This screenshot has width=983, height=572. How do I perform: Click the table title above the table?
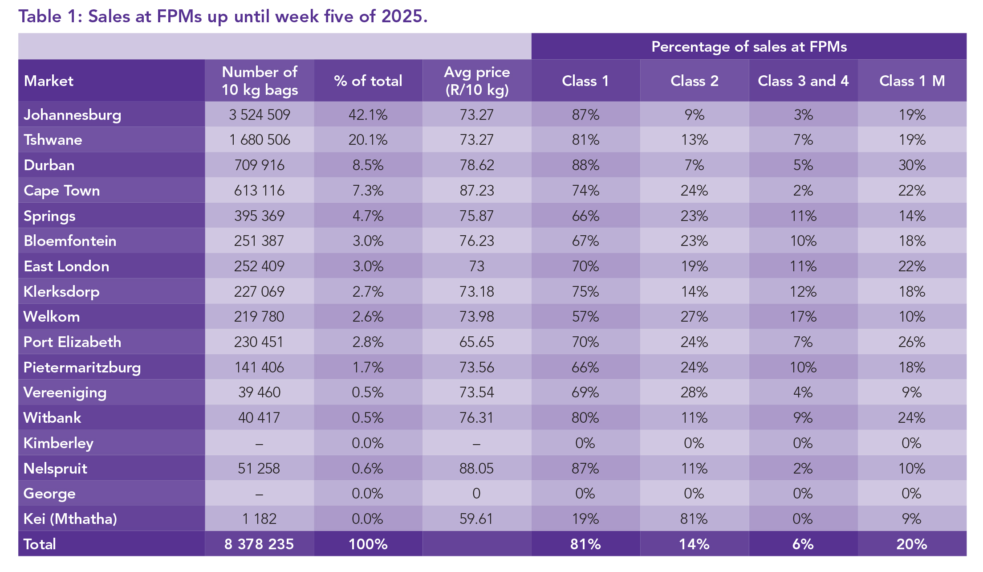tap(223, 16)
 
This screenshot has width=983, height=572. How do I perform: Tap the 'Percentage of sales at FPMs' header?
tap(749, 47)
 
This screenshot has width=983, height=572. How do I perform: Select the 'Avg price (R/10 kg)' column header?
tap(477, 81)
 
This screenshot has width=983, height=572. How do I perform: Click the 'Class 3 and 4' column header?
tap(803, 81)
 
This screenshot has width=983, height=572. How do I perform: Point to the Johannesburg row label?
tap(72, 114)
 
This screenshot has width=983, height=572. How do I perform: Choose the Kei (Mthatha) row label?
tap(70, 519)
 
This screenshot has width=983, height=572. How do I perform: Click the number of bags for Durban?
tap(259, 165)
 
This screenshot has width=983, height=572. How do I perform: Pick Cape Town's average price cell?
tap(477, 191)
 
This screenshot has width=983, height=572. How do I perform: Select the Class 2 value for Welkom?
tap(694, 317)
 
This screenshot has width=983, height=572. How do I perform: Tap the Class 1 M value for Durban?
tap(912, 165)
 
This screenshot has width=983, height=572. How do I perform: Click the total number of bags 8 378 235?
tap(259, 544)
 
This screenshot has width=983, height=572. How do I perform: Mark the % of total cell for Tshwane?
tap(368, 140)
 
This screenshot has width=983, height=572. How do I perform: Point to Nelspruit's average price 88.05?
tap(477, 468)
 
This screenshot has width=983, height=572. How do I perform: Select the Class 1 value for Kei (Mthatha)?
tap(585, 519)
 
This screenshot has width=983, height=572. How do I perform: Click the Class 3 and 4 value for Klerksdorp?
tap(803, 292)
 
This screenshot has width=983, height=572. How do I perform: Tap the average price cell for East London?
tap(477, 266)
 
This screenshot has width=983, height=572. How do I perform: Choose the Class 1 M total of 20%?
tap(912, 544)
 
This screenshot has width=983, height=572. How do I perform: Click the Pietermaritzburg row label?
tap(82, 368)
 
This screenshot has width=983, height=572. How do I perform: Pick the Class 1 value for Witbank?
tap(585, 418)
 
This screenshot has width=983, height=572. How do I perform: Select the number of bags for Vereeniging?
tap(259, 392)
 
